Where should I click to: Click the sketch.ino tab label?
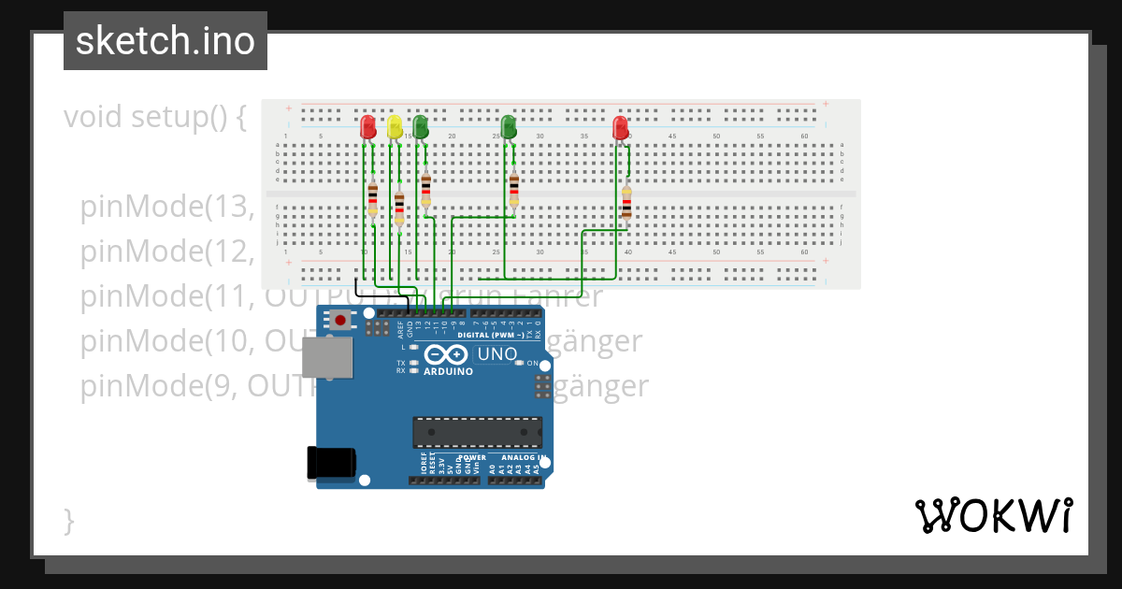click(x=165, y=41)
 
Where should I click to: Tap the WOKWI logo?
click(x=993, y=515)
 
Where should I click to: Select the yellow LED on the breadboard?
click(x=395, y=126)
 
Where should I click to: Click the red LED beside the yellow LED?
click(x=368, y=126)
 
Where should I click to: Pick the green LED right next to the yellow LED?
click(x=421, y=126)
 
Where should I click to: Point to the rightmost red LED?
click(x=620, y=127)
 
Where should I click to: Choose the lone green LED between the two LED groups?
click(x=509, y=126)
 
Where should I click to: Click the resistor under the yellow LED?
click(x=399, y=209)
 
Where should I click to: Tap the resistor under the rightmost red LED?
click(x=626, y=202)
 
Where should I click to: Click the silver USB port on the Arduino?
click(x=327, y=357)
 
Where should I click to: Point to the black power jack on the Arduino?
click(x=332, y=462)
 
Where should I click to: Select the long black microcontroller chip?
click(x=477, y=432)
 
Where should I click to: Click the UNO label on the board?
click(x=496, y=354)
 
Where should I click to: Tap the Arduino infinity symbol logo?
click(x=447, y=354)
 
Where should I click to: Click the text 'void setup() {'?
click(x=155, y=118)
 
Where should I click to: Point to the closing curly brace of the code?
click(x=68, y=520)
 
